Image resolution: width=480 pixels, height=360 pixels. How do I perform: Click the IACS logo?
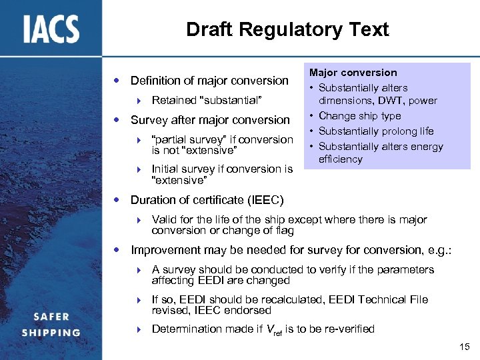tap(51, 29)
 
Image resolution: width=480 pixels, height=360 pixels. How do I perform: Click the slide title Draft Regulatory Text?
tap(287, 29)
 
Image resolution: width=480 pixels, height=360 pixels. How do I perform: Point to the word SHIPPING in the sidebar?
tap(51, 333)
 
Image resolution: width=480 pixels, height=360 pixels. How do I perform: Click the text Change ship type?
tap(359, 116)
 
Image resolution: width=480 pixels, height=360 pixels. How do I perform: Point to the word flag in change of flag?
tap(283, 231)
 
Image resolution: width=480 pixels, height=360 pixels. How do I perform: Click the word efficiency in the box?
tap(340, 159)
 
